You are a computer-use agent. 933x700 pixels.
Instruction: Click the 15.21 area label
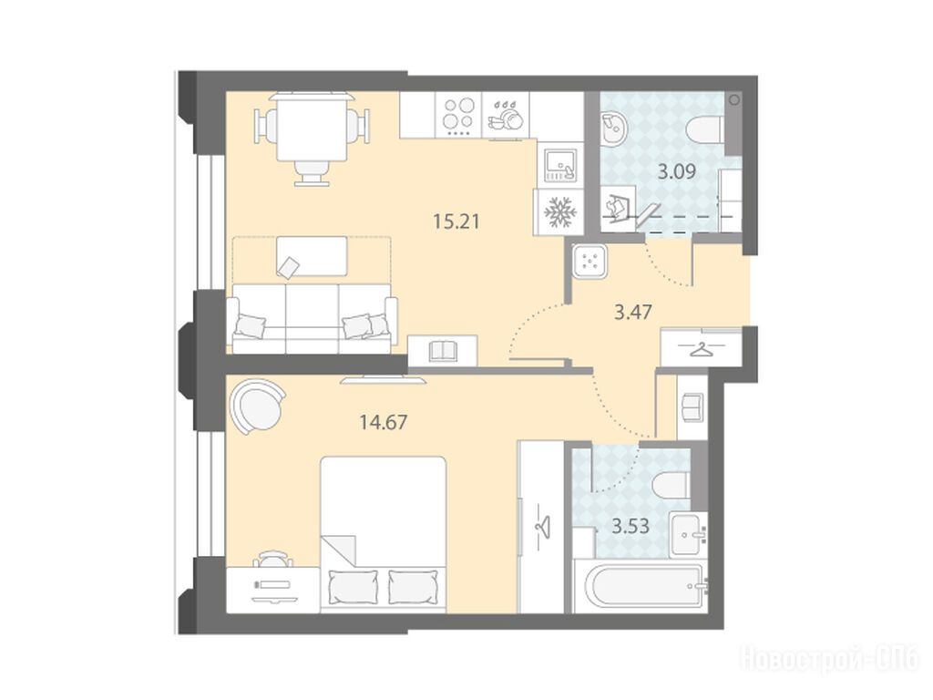tap(456, 221)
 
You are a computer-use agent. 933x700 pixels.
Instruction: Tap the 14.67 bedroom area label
tap(384, 423)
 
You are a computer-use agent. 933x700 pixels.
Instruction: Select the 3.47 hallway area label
tap(633, 312)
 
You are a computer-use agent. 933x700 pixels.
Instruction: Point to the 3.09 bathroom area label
tap(677, 172)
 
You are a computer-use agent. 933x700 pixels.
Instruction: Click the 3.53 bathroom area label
tap(631, 526)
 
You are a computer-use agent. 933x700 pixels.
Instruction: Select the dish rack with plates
tap(505, 116)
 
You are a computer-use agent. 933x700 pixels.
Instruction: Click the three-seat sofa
tap(313, 319)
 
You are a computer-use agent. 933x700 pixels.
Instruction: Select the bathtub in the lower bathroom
tap(641, 584)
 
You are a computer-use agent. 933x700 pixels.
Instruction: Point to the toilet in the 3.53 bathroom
tap(672, 485)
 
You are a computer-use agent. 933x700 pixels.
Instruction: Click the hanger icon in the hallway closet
tap(702, 350)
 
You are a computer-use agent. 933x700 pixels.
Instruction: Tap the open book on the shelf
tap(442, 350)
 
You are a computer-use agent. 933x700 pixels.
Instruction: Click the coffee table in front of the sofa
tap(312, 256)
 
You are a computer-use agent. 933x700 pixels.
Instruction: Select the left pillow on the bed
tap(353, 587)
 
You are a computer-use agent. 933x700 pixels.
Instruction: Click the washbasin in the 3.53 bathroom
tap(689, 534)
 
